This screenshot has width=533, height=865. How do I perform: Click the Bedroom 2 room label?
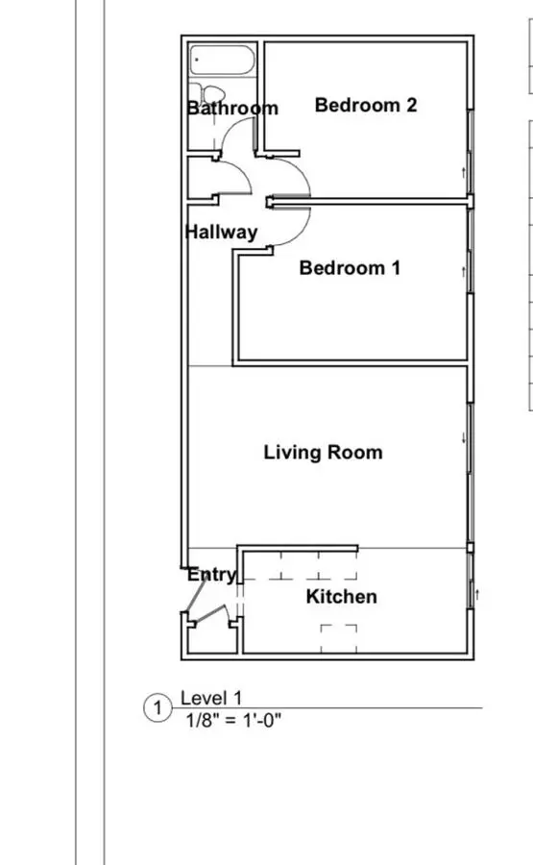366,105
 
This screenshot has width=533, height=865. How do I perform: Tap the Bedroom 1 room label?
350,267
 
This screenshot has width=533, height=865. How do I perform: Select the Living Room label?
323,453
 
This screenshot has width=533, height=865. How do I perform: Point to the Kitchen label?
342,596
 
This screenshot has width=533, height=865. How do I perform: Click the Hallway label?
222,232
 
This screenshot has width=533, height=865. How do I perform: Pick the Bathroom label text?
232,108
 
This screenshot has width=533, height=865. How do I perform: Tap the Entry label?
211,575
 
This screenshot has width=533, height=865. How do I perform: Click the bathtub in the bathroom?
223,60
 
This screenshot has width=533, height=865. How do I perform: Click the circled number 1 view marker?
157,707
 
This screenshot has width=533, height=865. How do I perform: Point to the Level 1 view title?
211,698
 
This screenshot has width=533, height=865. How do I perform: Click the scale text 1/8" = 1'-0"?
233,721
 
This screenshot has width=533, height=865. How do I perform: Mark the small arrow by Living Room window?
464,437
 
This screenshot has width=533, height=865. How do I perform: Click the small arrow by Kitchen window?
477,594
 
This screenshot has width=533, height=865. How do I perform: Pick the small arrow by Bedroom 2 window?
464,173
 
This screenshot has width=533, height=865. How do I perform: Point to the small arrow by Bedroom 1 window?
464,271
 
